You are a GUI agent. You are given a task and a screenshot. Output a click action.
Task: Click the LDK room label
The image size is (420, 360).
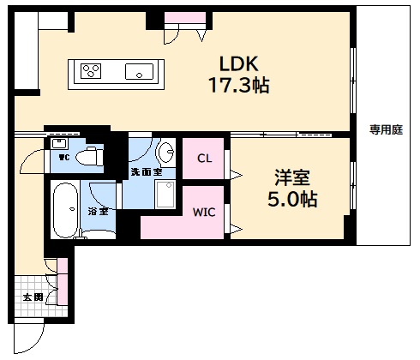pos(239,63)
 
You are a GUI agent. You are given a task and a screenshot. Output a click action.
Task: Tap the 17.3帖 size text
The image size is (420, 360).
pos(239,85)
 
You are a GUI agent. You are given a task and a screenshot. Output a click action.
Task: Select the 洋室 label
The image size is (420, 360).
pos(292,177)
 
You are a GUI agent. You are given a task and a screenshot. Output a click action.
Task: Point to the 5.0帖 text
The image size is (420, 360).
pos(292,199)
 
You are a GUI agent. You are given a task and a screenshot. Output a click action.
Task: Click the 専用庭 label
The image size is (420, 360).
pos(386,130)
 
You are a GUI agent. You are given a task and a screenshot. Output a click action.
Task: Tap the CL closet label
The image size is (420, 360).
pos(205,159)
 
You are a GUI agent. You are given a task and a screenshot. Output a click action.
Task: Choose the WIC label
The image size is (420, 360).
pos(204,212)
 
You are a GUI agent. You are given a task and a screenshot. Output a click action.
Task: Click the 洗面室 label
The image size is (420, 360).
pos(147,172)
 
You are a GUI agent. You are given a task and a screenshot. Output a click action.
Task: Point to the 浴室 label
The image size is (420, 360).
pos(98,212)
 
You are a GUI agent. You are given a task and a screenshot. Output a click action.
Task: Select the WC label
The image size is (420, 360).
pos(64,157)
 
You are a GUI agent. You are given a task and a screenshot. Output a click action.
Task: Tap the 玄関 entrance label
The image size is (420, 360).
pos(33,297)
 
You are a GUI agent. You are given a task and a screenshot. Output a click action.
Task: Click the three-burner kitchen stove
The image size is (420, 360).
pos(91,71)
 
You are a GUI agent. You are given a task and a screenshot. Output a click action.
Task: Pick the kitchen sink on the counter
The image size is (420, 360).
pos(139,71)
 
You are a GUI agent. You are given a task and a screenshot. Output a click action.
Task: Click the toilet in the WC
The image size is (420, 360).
pos(90,156)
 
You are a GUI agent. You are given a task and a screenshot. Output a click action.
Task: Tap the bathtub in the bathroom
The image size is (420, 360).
pos(65,211)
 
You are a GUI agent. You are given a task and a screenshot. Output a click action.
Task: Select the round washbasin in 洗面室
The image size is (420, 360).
pos(165,152)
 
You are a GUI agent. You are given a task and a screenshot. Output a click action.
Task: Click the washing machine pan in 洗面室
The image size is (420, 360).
pos(165,194)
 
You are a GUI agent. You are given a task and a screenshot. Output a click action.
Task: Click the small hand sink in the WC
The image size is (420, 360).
pos(59,143)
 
